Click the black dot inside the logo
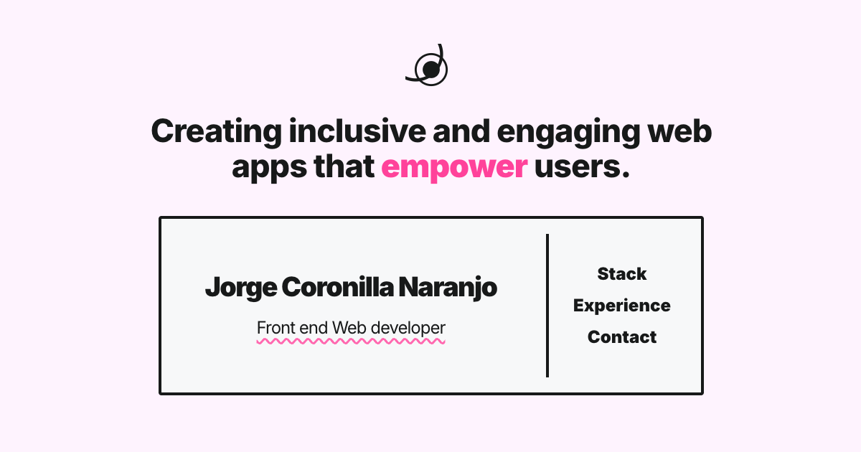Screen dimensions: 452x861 [x=430, y=69]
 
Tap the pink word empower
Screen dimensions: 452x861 [x=454, y=166]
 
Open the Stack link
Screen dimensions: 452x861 [x=622, y=274]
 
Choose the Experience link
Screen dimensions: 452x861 [x=622, y=306]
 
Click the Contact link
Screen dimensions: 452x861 [x=622, y=337]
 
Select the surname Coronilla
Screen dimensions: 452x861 [x=337, y=288]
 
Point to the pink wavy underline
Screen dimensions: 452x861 [x=351, y=342]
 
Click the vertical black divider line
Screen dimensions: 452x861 [x=547, y=305]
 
